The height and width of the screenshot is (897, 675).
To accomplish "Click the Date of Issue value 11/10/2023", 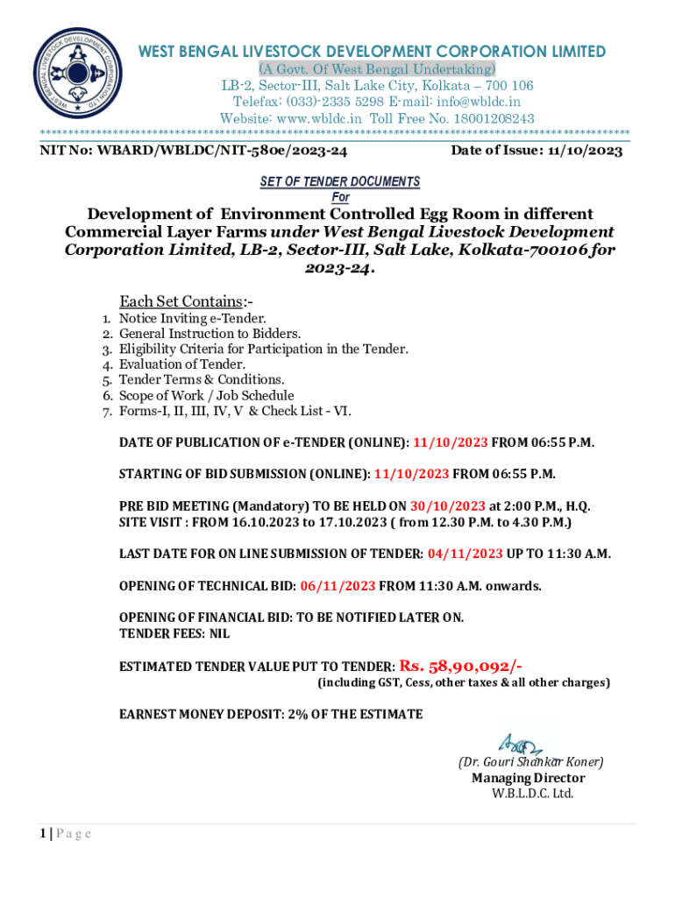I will click(x=586, y=151).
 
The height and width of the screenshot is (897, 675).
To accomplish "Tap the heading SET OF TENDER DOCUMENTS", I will click(x=340, y=181).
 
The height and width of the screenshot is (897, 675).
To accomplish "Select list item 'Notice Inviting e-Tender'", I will click(x=192, y=319).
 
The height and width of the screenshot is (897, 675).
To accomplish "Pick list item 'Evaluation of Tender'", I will click(x=181, y=364).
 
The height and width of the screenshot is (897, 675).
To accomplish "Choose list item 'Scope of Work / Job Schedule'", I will click(x=206, y=395).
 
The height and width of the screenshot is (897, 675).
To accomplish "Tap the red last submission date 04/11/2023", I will click(x=465, y=554).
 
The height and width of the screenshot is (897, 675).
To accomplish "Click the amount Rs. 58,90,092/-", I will click(x=462, y=666).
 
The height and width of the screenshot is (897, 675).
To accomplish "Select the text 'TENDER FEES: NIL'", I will click(x=174, y=632).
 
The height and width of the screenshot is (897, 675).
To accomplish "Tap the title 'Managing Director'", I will click(x=528, y=778).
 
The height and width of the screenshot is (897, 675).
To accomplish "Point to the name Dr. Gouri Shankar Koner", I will click(x=530, y=762).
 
